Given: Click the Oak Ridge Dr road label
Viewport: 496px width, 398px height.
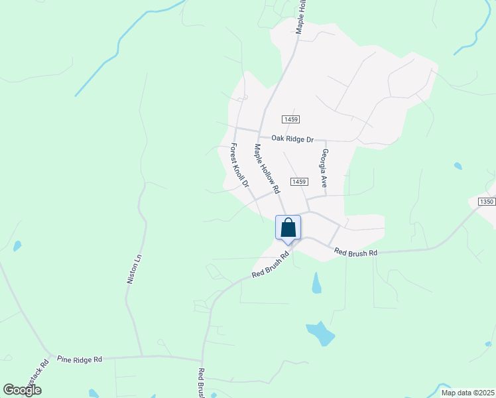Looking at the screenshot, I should [292, 139].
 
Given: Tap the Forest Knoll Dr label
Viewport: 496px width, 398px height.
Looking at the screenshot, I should [239, 165].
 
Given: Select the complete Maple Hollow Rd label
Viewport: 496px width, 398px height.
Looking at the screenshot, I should [267, 169].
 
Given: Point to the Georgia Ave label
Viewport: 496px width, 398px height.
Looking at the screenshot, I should [325, 167].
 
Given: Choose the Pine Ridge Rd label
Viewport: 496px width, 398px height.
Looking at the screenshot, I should [80, 359].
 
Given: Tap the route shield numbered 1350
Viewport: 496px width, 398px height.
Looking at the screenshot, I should [487, 202].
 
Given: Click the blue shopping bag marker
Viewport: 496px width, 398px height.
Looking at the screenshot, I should [288, 228].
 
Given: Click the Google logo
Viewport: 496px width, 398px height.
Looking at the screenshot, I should [22, 390].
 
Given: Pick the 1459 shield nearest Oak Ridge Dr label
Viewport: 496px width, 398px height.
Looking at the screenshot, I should [290, 119].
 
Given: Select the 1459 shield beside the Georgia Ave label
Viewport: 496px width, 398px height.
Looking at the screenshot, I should [299, 182].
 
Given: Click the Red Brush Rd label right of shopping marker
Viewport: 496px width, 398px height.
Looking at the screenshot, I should [355, 252].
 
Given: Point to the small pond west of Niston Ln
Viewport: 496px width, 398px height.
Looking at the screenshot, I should [17, 245].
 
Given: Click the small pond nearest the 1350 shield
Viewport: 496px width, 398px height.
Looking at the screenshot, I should [458, 166].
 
